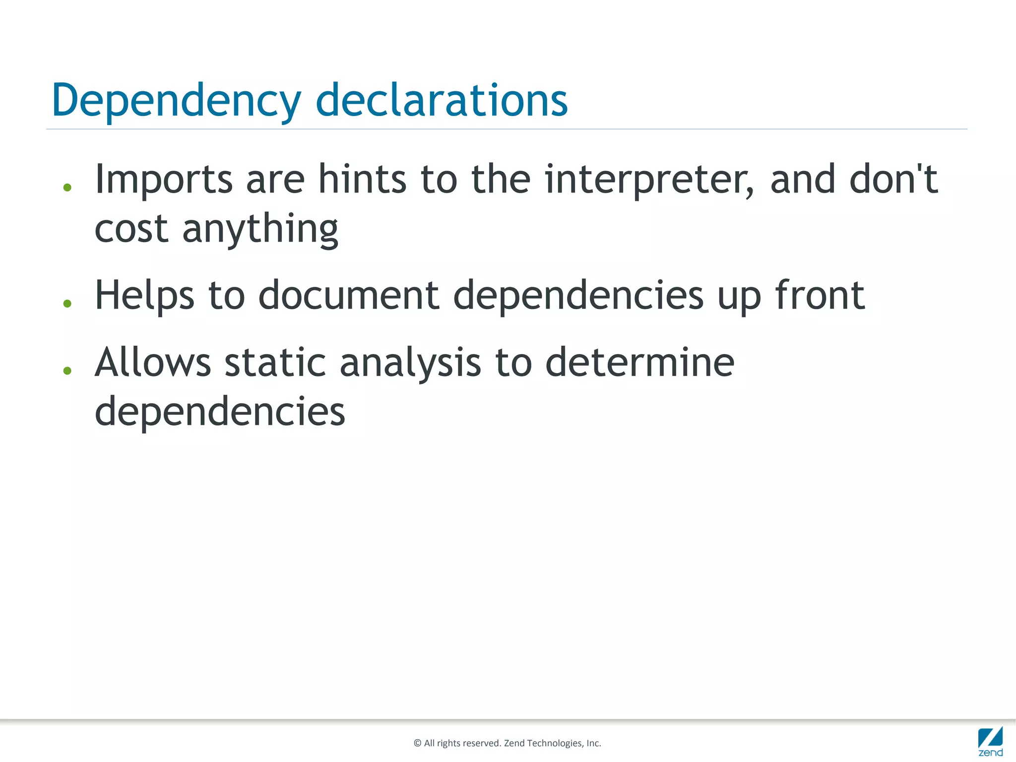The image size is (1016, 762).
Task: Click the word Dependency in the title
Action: pos(176,101)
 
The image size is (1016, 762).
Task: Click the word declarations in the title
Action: pos(442,101)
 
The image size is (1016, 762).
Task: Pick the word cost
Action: pos(131,229)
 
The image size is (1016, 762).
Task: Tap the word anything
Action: pos(260,230)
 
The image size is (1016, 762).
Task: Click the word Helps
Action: pos(144,296)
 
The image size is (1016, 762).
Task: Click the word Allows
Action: pos(153,362)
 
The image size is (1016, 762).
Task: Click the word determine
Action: pos(640,362)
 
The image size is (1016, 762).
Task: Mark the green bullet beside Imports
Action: pos(67,188)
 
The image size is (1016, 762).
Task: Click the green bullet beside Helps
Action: pos(67,304)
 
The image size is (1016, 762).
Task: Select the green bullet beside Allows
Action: pos(67,371)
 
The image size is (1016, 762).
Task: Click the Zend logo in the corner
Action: pos(990,741)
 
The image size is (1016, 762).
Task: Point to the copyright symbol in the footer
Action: pos(417,743)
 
